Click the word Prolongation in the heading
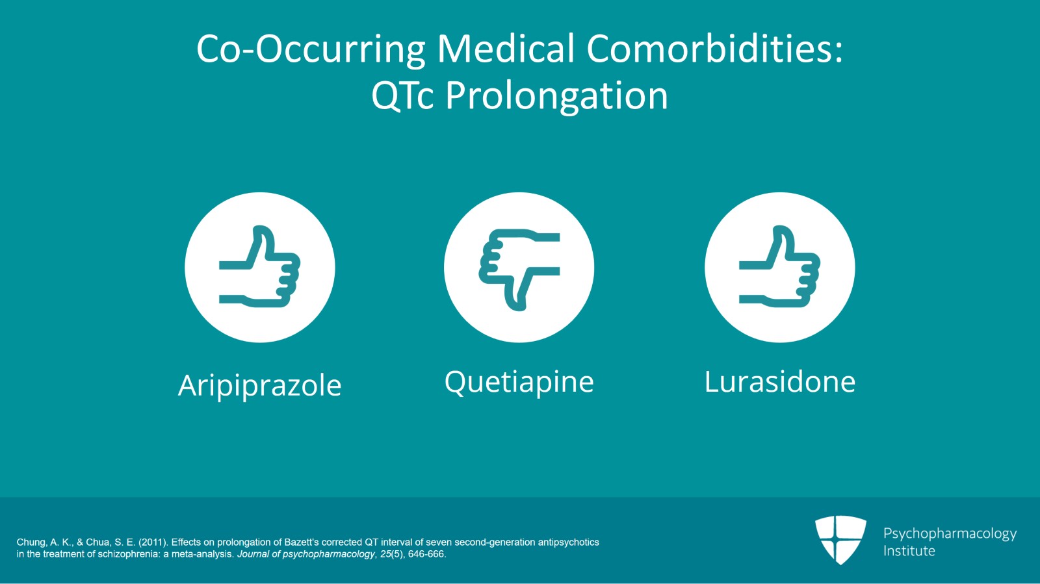click(x=556, y=96)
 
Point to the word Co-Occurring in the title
click(x=311, y=49)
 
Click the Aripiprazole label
click(x=260, y=385)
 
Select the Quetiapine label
click(x=519, y=382)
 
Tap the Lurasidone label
click(x=780, y=382)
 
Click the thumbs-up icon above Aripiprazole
click(x=260, y=267)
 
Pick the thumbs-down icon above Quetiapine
click(x=519, y=267)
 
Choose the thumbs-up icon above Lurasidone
click(x=780, y=267)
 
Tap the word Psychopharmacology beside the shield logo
click(x=950, y=533)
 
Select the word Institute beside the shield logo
click(x=909, y=551)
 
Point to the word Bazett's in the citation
click(x=302, y=542)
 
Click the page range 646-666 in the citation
click(x=426, y=554)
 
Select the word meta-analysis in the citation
click(x=201, y=554)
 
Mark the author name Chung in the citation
click(x=31, y=542)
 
